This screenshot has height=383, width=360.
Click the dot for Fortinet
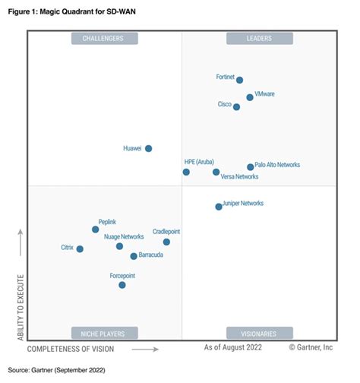[239, 80]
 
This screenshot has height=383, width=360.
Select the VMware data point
[250, 97]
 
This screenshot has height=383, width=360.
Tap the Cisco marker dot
[236, 107]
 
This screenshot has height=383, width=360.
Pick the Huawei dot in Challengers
[148, 148]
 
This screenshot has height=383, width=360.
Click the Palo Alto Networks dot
[251, 167]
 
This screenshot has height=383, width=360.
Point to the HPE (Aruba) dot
[186, 173]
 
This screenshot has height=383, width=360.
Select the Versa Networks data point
[216, 172]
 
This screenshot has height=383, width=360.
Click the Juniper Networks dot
[219, 206]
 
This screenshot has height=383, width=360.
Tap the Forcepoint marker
[122, 285]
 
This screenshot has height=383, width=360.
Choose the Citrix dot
[80, 248]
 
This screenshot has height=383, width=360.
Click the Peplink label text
[107, 221]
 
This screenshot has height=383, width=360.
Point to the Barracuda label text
[150, 256]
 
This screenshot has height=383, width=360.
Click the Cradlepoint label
[166, 231]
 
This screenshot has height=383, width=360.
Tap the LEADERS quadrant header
[259, 38]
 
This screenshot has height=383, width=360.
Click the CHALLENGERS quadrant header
[104, 38]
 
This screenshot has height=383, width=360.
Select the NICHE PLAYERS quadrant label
[104, 333]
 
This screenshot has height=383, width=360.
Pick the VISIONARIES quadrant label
[259, 333]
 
